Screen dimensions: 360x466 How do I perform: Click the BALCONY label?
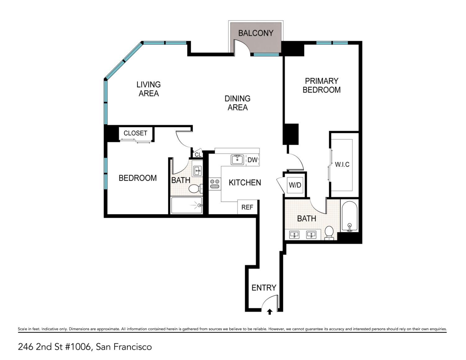click(x=255, y=33)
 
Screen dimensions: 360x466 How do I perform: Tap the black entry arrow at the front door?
click(x=270, y=312)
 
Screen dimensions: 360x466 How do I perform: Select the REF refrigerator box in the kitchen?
click(x=247, y=207)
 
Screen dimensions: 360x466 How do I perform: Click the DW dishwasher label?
click(x=252, y=160)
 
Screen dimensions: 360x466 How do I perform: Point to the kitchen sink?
click(x=237, y=160)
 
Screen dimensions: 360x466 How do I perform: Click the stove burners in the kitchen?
click(x=214, y=184)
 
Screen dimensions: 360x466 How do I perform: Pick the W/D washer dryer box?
click(x=295, y=185)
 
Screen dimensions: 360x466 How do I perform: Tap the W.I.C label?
click(x=342, y=164)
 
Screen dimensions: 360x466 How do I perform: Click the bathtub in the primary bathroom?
click(x=349, y=216)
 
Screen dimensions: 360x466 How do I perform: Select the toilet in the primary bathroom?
click(x=329, y=232)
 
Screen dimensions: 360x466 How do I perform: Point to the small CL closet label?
click(x=198, y=154)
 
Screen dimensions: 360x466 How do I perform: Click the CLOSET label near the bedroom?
click(x=135, y=133)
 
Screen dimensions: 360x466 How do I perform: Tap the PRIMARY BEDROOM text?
click(x=322, y=85)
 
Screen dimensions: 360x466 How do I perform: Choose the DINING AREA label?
click(x=237, y=103)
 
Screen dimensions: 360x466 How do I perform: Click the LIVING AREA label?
click(x=148, y=89)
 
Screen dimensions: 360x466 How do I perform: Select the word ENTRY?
click(x=264, y=288)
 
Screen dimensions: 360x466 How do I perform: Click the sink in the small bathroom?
click(x=197, y=171)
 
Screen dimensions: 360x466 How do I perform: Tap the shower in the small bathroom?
click(x=187, y=205)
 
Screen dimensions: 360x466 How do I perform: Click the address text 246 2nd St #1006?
click(x=55, y=347)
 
